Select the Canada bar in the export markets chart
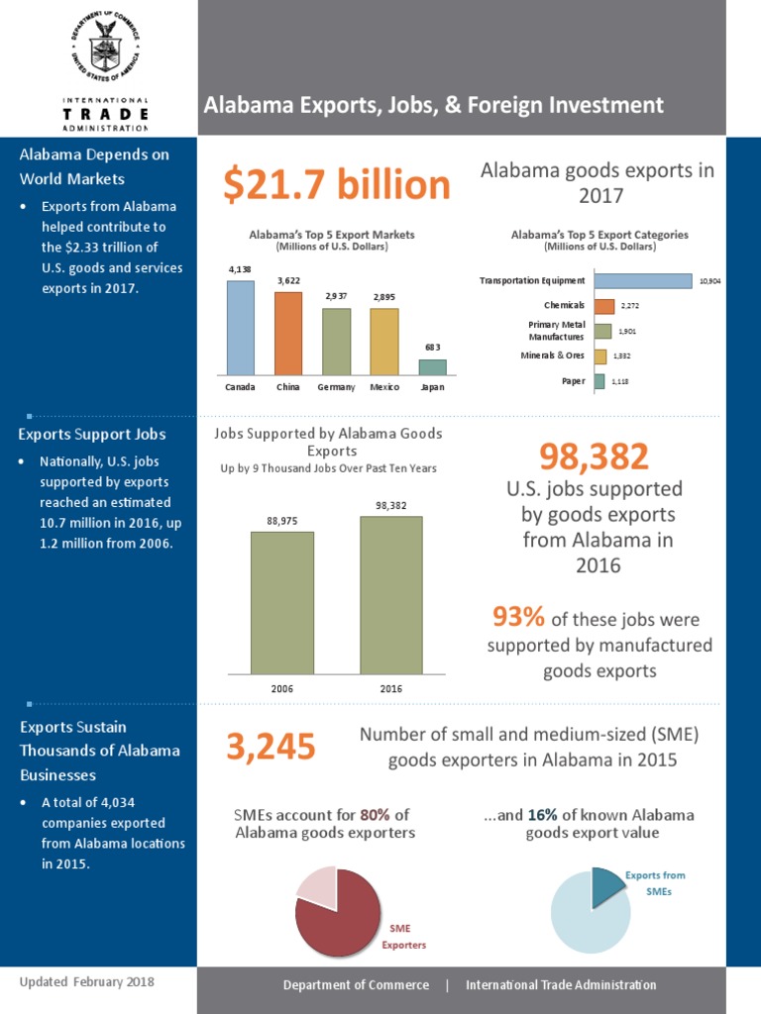pos(241,328)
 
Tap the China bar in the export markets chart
pos(288,334)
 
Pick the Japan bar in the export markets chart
pos(432,367)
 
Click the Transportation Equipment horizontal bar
pos(642,281)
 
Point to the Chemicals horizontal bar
pos(604,306)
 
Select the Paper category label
pos(573,381)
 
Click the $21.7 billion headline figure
pos(336,184)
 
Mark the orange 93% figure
pos(518,618)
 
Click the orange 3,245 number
pos(271,747)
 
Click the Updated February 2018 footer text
pos(87,982)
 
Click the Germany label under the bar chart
pos(336,387)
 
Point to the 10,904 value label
pos(709,281)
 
